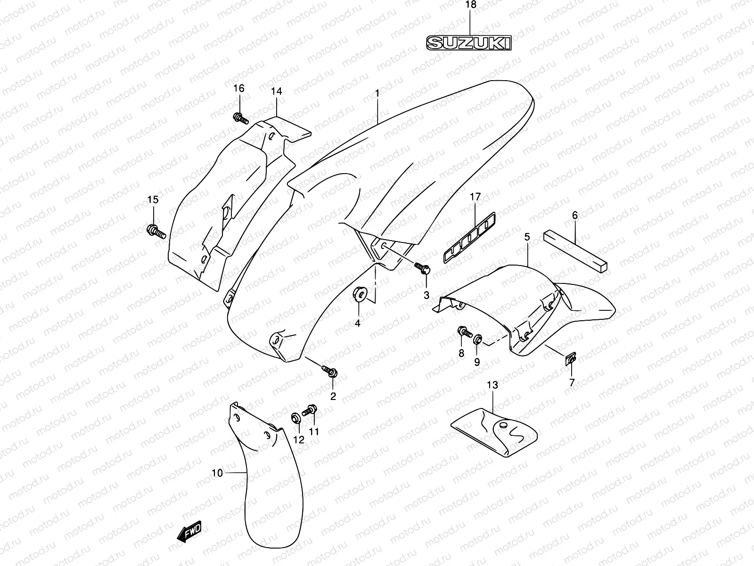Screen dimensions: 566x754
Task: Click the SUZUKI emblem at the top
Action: [468, 43]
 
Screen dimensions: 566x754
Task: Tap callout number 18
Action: [471, 5]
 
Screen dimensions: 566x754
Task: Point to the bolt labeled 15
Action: [156, 231]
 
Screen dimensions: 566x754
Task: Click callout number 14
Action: [276, 91]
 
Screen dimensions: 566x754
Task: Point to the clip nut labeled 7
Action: [570, 360]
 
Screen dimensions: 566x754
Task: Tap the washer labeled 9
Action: [477, 339]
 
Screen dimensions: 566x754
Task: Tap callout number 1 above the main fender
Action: [377, 93]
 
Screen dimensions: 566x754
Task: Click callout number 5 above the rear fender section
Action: [527, 237]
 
